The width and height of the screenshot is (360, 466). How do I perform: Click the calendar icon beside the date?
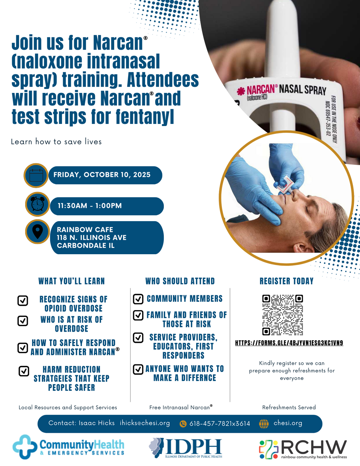[x=36, y=175]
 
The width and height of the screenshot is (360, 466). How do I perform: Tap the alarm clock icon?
[x=37, y=204]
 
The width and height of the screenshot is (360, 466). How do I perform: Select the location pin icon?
[x=37, y=232]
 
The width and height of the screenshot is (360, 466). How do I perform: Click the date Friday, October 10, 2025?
[x=102, y=175]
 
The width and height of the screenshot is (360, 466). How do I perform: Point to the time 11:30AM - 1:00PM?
[x=90, y=206]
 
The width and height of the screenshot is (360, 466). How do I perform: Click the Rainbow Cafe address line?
[x=91, y=237]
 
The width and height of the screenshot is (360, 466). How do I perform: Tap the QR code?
[x=282, y=315]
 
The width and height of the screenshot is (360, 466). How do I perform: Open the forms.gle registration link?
[x=289, y=343]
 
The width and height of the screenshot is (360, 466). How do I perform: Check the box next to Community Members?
[x=138, y=299]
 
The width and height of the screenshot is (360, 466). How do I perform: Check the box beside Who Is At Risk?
[x=23, y=321]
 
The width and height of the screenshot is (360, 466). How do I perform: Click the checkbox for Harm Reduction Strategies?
[x=24, y=371]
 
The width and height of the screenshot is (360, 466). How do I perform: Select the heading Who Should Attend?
[x=180, y=281]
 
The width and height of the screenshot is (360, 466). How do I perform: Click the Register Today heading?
[x=287, y=281]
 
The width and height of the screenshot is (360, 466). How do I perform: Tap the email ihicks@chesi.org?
[x=145, y=423]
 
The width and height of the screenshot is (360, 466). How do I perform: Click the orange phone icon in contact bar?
[x=183, y=424]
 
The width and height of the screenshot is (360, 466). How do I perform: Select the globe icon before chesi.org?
[x=264, y=424]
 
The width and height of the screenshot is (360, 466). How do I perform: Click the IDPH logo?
[x=186, y=448]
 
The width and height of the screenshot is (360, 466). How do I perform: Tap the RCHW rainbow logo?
[x=269, y=449]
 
